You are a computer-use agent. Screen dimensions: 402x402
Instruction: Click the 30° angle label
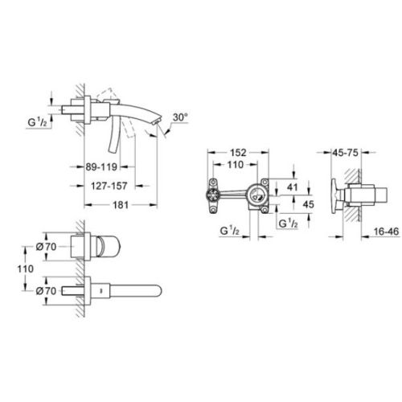coord(180,117)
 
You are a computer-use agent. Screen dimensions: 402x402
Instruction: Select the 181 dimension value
coord(121,205)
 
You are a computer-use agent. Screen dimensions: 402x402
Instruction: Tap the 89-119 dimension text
coord(101,167)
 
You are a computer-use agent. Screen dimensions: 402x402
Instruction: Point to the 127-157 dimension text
coord(109,186)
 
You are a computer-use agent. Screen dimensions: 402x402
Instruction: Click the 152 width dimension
coord(238,153)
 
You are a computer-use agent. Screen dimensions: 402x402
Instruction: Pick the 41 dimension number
coord(292,187)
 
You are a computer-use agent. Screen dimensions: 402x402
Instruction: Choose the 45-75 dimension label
coord(345,153)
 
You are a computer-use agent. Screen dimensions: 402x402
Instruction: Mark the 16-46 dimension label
coord(386,232)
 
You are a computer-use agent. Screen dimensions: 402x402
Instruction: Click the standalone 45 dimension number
coord(308,204)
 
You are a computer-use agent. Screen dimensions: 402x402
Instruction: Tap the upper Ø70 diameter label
coord(46,247)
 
